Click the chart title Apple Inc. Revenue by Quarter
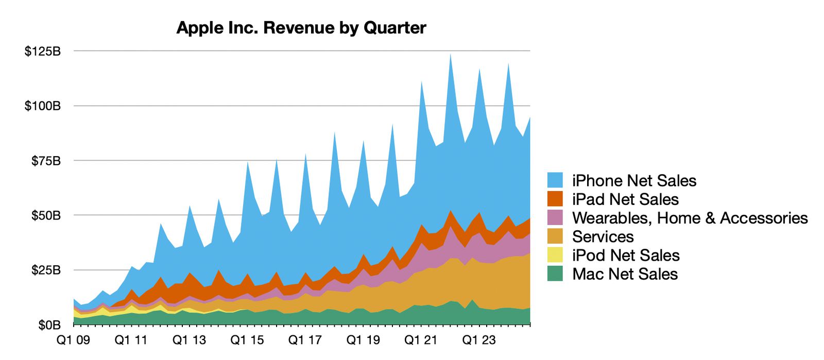pos(301,28)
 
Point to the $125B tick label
pos(43,52)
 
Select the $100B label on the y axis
pos(43,106)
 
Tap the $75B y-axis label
pos(45,161)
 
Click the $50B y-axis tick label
pos(45,215)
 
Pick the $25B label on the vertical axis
pos(45,270)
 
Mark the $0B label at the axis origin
pos(49,325)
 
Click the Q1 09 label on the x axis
pos(74,340)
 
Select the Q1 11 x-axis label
pos(131,340)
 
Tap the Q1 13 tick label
pos(189,340)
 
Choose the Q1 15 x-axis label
pos(247,340)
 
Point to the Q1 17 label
pos(305,340)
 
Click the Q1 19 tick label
pos(363,340)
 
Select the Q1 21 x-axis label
pos(421,340)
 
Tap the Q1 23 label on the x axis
pos(479,340)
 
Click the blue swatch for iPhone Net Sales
pos(555,180)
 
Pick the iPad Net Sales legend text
pos(625,199)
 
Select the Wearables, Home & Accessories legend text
pos(690,218)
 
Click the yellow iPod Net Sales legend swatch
pos(555,255)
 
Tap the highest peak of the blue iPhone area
pos(451,55)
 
